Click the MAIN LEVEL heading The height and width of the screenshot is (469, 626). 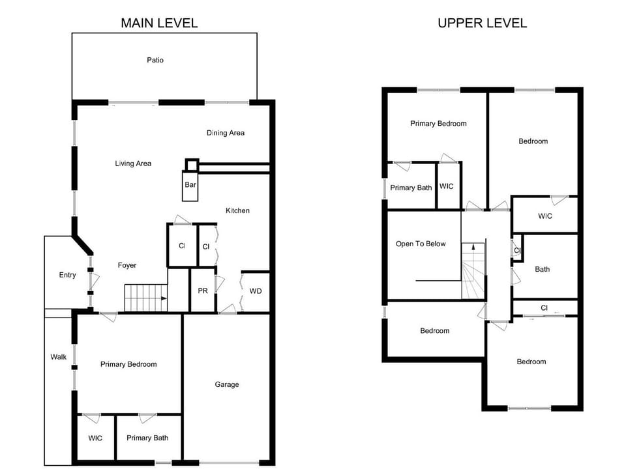pyautogui.click(x=159, y=23)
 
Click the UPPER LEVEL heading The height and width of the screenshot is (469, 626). pyautogui.click(x=482, y=23)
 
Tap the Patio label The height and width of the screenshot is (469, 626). pyautogui.click(x=155, y=61)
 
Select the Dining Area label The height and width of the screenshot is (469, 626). pyautogui.click(x=226, y=133)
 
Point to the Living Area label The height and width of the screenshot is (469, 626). pyautogui.click(x=133, y=163)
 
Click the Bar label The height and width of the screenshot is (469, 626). pyautogui.click(x=190, y=185)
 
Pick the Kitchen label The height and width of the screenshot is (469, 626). pyautogui.click(x=237, y=210)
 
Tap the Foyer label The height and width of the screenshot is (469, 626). pyautogui.click(x=127, y=265)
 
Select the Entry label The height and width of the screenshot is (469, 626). pyautogui.click(x=68, y=275)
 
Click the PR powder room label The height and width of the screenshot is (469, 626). pyautogui.click(x=203, y=291)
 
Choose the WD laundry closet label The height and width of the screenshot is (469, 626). pyautogui.click(x=256, y=291)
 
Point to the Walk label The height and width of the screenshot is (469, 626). pyautogui.click(x=59, y=357)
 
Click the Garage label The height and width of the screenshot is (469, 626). pyautogui.click(x=227, y=384)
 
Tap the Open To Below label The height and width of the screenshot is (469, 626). pyautogui.click(x=421, y=244)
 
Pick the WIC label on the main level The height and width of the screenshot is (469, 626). pyautogui.click(x=95, y=438)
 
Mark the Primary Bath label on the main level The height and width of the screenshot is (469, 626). pyautogui.click(x=147, y=438)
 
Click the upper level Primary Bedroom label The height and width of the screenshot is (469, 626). pyautogui.click(x=438, y=123)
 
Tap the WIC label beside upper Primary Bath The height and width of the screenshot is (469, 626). pyautogui.click(x=447, y=186)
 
